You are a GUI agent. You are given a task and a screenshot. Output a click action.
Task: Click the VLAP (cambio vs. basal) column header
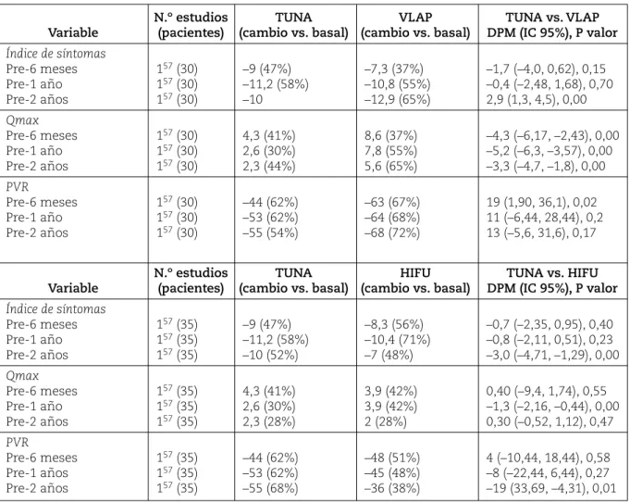click(415, 24)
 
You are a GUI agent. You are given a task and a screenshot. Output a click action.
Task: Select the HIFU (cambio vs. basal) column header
click(415, 280)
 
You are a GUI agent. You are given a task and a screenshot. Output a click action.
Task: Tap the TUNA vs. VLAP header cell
click(552, 24)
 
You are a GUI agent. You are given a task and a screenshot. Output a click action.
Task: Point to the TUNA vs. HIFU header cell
click(552, 280)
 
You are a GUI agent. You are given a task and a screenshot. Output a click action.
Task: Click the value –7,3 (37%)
click(394, 69)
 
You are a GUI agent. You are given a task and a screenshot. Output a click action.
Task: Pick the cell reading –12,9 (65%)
click(398, 99)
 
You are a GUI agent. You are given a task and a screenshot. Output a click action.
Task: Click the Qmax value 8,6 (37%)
click(390, 135)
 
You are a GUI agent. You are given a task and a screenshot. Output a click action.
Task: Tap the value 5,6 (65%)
click(390, 166)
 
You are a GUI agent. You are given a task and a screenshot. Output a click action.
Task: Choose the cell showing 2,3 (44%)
click(269, 166)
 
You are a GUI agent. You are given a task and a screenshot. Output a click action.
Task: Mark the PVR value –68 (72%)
click(392, 232)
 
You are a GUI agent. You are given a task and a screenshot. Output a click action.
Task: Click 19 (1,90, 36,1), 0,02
click(541, 202)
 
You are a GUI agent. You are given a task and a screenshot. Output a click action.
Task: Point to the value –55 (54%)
click(270, 232)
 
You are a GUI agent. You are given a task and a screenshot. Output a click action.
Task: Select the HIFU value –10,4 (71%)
click(398, 340)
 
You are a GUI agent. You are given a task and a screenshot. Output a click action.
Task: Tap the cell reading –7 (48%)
click(389, 355)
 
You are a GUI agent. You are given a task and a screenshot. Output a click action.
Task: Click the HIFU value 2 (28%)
click(386, 421)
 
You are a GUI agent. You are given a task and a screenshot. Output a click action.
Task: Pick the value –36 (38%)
click(392, 488)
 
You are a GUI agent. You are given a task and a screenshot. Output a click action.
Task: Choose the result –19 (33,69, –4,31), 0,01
click(551, 488)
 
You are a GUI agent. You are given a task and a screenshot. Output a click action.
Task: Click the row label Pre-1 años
click(37, 473)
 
